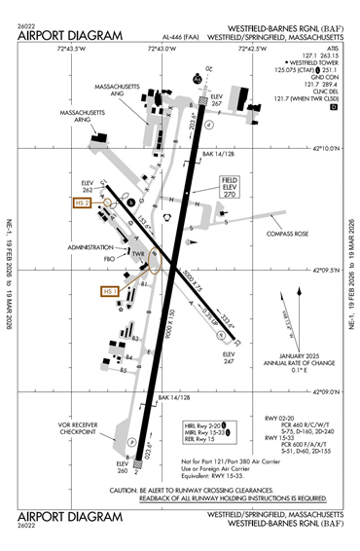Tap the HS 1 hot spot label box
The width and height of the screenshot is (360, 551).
[x=109, y=290]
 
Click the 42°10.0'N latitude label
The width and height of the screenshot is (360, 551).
[x=329, y=149]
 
